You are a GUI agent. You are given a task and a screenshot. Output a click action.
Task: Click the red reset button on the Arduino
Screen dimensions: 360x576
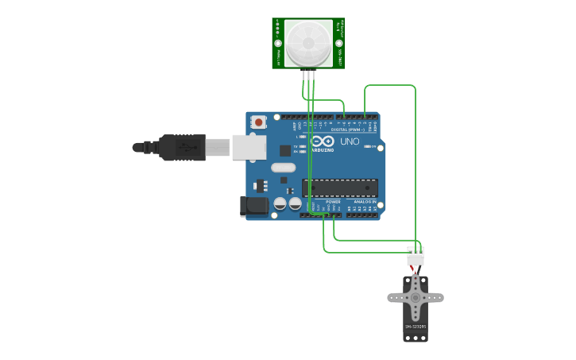(258, 122)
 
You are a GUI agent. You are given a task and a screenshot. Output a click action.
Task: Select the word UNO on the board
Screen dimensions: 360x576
(350, 141)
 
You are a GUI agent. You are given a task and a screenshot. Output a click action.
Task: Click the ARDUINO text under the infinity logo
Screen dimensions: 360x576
(323, 149)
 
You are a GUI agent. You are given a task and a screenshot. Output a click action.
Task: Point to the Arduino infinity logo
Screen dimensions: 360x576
(322, 141)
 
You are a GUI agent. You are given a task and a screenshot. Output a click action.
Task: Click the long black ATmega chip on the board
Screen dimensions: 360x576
(339, 188)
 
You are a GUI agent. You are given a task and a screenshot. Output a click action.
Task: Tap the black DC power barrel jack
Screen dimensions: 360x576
(254, 206)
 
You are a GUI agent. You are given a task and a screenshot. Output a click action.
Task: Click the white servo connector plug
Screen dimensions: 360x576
(416, 256)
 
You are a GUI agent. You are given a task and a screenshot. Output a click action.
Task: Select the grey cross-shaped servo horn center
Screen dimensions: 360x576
(416, 297)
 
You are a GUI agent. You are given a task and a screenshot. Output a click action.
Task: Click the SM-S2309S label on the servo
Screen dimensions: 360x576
(416, 327)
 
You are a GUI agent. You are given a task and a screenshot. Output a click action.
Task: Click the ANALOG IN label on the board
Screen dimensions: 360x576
(365, 202)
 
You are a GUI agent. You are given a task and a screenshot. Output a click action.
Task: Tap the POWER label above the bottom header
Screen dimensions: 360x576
(333, 202)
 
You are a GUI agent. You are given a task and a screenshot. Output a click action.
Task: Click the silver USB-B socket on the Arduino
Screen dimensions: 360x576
(249, 146)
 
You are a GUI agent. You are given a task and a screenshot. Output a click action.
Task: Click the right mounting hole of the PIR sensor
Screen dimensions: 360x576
(339, 42)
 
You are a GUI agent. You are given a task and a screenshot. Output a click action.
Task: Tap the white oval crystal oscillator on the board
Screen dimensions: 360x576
(283, 168)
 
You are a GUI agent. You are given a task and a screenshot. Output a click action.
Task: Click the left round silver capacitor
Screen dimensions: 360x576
(280, 204)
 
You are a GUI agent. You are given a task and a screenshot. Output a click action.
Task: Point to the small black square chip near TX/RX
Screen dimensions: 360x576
(285, 150)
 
